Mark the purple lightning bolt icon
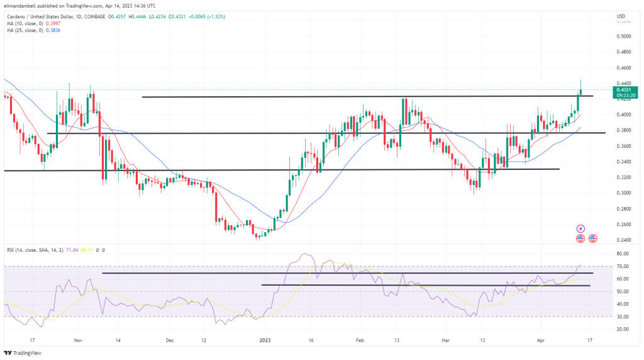[581, 228]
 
